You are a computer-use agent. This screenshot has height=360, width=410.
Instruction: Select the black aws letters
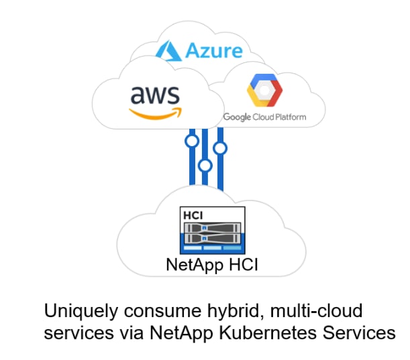(156, 97)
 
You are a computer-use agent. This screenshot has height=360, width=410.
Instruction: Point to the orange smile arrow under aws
(157, 113)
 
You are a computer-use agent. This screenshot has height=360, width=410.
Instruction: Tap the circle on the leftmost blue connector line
(192, 141)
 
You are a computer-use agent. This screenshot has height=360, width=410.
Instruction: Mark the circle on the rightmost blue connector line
(219, 147)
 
